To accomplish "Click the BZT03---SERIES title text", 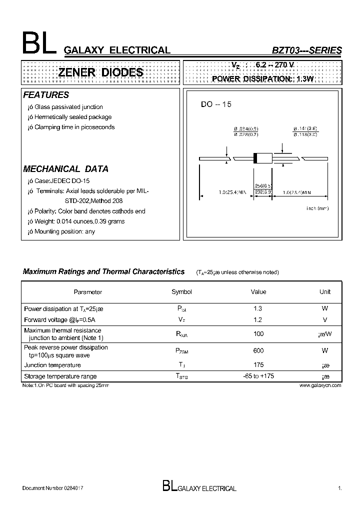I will (306, 50).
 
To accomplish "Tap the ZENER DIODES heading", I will (100, 72).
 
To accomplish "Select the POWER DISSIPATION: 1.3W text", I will (262, 79).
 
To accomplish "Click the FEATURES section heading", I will (46, 95).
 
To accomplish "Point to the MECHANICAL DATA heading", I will (66, 169).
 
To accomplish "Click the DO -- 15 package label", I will (216, 104).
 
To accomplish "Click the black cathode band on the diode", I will (255, 158).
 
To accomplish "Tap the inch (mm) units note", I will (317, 208).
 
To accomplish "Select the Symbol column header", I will (181, 292).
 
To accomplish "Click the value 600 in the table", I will (258, 351).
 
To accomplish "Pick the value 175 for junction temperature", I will (258, 365).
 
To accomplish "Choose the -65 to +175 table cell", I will (258, 376).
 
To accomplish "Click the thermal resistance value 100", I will (258, 333).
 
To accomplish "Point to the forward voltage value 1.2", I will (258, 319).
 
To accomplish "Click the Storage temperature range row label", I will (60, 376).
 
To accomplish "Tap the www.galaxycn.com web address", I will (320, 385).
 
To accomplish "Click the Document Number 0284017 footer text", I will (53, 488).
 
